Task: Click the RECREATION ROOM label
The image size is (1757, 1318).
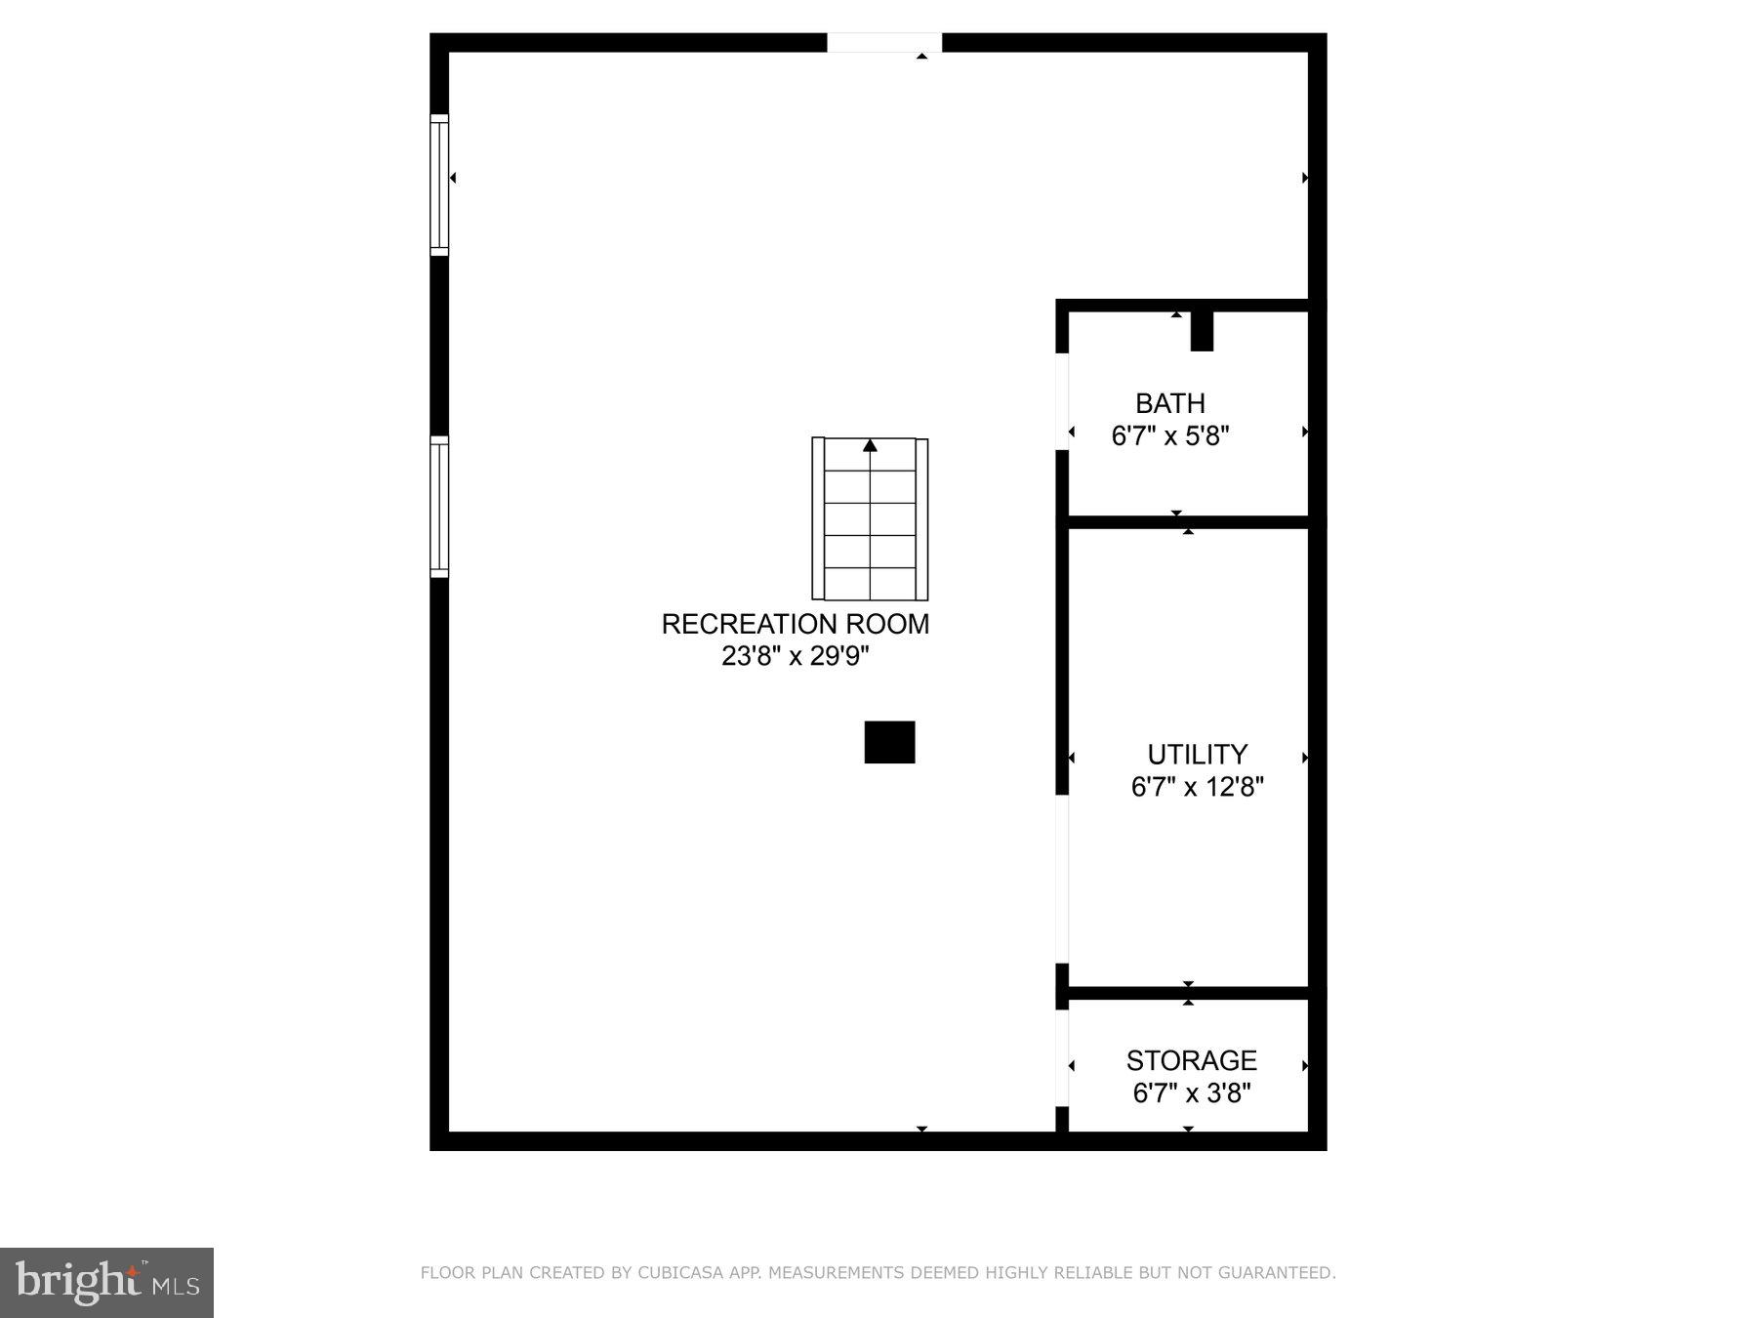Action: [795, 624]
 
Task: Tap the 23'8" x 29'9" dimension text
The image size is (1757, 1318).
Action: [795, 656]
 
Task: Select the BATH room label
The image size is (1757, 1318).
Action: [1169, 403]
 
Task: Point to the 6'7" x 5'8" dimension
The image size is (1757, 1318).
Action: [1169, 435]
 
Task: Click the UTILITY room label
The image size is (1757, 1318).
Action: [1197, 755]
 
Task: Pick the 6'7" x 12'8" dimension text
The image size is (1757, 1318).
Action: [1197, 787]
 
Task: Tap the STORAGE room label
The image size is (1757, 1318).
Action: [1191, 1060]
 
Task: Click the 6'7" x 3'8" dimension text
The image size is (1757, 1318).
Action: [1191, 1092]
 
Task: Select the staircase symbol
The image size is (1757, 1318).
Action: [870, 519]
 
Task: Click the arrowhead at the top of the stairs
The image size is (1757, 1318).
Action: [870, 446]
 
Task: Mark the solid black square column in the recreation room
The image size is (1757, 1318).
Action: [889, 742]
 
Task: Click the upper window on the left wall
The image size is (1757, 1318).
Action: [439, 185]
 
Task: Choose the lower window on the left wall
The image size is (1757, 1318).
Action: [439, 507]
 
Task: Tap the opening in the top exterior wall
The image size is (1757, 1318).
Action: [884, 43]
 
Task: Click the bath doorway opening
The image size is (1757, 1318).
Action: [1063, 401]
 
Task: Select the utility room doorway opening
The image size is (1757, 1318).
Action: [1063, 879]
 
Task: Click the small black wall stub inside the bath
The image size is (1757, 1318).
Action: [1202, 331]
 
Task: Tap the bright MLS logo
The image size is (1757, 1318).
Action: [106, 1282]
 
